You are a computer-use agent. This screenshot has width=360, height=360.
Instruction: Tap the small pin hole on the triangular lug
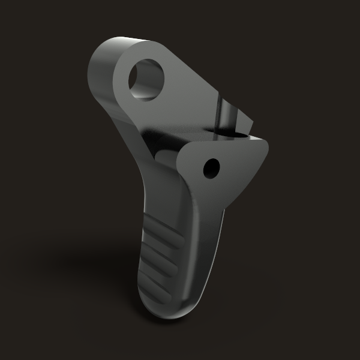(x=212, y=167)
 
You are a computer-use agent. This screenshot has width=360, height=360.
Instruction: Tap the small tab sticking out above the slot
(x=246, y=123)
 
